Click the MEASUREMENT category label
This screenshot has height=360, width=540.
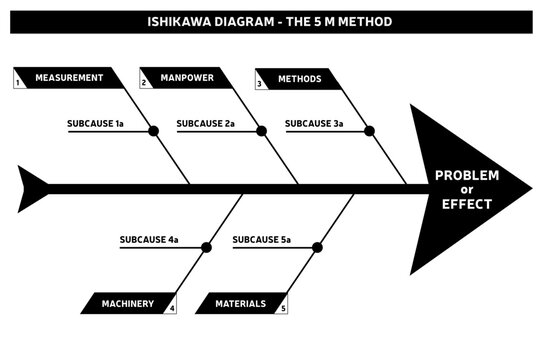[x=69, y=78]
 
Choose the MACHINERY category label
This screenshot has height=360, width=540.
[x=127, y=303]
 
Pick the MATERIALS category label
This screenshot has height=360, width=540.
[x=240, y=303]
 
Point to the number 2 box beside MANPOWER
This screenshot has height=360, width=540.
[x=145, y=83]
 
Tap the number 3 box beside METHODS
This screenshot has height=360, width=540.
[x=260, y=84]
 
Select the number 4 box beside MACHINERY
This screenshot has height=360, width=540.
[x=172, y=308]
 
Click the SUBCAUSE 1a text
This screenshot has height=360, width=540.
[x=95, y=124]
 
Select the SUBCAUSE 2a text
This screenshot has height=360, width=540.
[x=205, y=124]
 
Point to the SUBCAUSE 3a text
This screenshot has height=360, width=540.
[x=314, y=124]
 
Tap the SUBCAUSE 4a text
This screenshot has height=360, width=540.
[x=149, y=240]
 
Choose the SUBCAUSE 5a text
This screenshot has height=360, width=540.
[x=261, y=240]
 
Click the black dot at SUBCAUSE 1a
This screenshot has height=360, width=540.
[x=154, y=131]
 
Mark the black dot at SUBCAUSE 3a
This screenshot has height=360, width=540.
[x=370, y=131]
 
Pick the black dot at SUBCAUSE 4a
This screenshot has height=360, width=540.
[x=207, y=247]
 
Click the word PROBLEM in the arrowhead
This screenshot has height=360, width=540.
[x=466, y=176]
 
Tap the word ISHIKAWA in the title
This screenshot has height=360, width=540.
[x=180, y=21]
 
